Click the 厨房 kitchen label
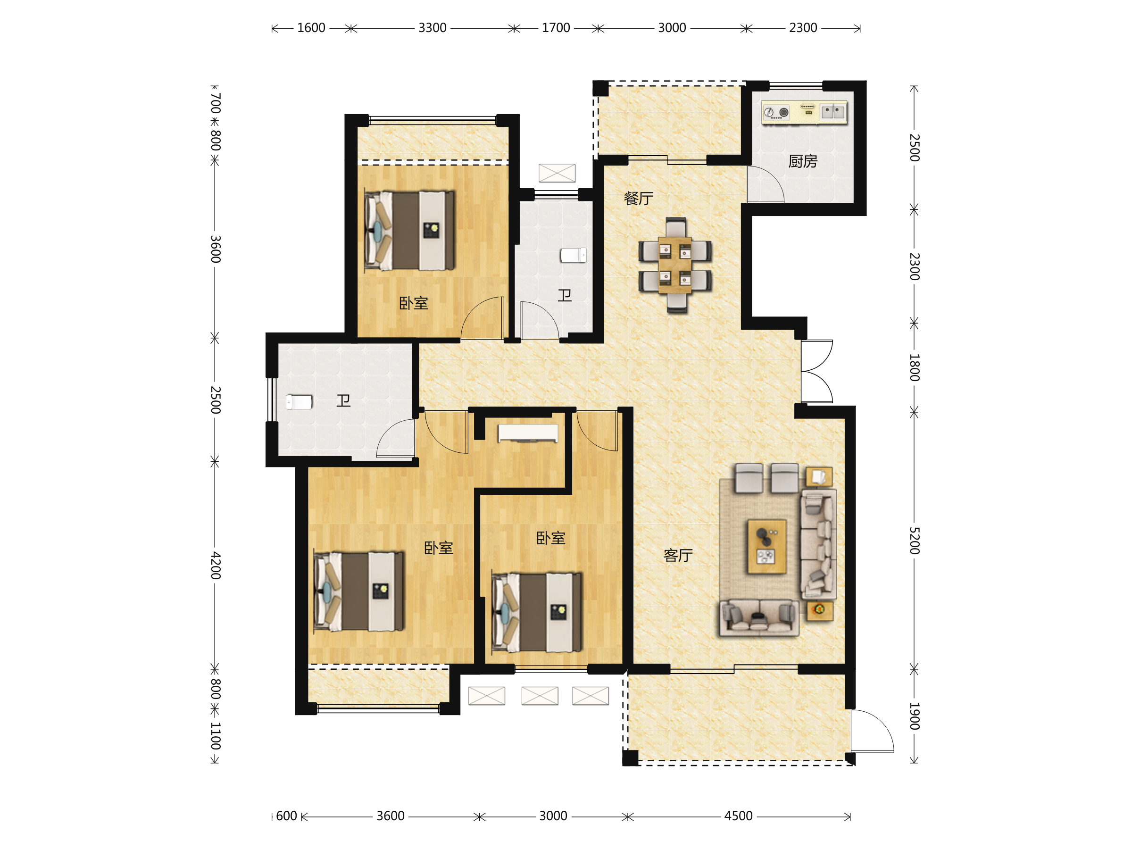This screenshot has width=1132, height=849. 802,162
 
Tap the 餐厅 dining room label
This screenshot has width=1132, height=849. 638,199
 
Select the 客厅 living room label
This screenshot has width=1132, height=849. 678,555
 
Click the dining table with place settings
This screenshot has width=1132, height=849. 675,265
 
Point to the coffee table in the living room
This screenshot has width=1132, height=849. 766,547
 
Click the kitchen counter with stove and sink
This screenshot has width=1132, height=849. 804,113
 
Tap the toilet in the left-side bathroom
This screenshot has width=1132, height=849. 299,402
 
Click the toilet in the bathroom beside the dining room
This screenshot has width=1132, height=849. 573,255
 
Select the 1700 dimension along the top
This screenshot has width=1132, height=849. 556,28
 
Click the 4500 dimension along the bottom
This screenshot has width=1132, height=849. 738,816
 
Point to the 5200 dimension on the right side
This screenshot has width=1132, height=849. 915,541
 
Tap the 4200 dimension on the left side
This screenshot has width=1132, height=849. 216,565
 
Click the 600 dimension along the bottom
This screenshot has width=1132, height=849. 287,816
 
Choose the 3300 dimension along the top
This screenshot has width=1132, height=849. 433,28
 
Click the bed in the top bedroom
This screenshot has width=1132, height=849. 409,231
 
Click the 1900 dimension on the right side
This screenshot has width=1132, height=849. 915,716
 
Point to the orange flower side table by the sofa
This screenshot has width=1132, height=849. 820,611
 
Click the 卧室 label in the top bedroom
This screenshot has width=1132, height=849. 414,303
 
